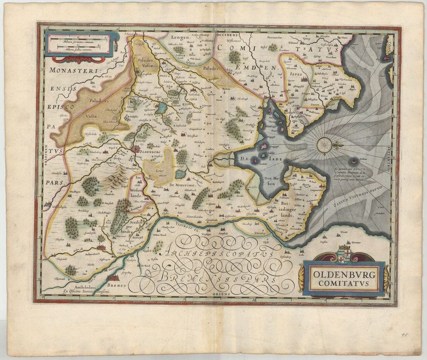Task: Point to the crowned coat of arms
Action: (x=345, y=252)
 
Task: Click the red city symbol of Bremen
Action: (x=114, y=278)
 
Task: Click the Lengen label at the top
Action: (x=181, y=38)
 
